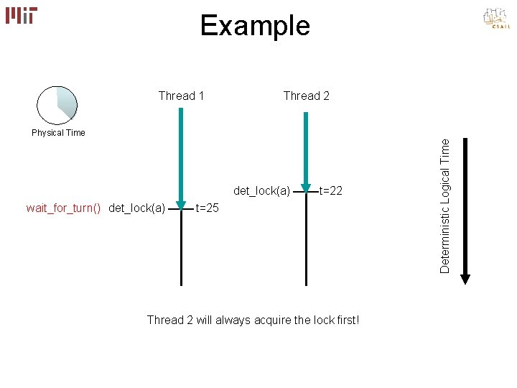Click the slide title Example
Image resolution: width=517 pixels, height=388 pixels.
(255, 26)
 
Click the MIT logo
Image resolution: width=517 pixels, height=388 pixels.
(22, 15)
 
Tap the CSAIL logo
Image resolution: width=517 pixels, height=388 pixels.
(495, 19)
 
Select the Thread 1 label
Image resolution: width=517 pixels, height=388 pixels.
(181, 96)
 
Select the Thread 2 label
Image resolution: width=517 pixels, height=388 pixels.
(307, 96)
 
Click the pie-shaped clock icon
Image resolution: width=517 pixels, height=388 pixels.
(57, 103)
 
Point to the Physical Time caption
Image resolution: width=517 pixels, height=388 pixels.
(58, 133)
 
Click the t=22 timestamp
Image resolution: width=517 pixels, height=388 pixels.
(330, 191)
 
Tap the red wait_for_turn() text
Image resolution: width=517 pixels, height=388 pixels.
(63, 208)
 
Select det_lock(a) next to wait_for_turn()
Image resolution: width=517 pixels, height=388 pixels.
(136, 208)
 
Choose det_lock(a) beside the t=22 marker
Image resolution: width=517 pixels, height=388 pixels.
(261, 191)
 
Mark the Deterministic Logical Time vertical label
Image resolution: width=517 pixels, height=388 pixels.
(445, 205)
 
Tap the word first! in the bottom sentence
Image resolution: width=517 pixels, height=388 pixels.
(345, 320)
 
